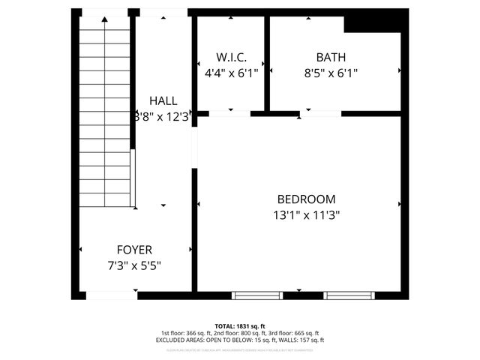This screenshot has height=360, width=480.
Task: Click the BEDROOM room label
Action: click(306, 199)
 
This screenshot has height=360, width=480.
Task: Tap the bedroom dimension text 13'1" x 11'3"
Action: click(306, 214)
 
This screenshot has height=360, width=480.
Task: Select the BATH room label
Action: click(331, 57)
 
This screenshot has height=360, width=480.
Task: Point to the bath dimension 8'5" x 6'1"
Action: click(331, 73)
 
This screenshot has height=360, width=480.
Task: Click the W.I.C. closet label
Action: click(231, 57)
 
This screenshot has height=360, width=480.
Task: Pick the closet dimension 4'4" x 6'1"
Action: click(231, 73)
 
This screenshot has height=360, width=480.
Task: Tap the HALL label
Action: click(163, 100)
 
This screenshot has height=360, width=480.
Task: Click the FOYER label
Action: click(134, 250)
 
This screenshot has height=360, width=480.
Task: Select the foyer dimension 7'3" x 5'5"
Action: click(134, 265)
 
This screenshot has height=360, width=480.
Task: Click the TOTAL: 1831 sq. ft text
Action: click(239, 326)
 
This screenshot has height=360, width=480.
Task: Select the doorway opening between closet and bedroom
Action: click(229, 114)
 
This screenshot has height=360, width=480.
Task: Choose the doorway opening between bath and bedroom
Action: click(321, 114)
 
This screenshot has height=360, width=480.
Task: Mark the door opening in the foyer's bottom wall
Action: click(111, 295)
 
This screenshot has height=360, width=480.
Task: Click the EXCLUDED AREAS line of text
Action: click(239, 340)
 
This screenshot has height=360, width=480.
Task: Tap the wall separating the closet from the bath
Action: click(267, 63)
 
